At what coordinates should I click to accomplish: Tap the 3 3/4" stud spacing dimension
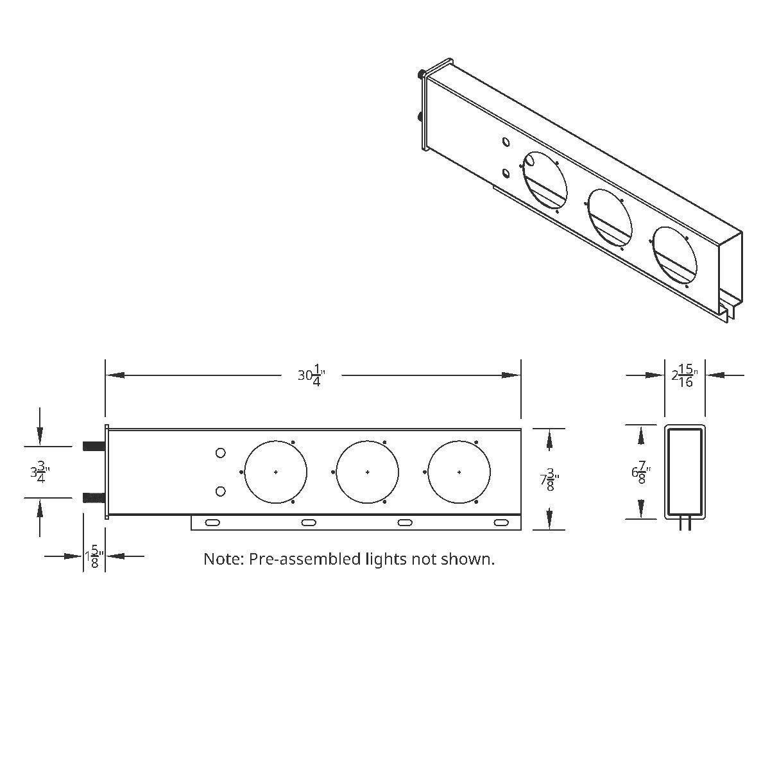click(40, 472)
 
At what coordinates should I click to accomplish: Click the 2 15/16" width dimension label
click(684, 376)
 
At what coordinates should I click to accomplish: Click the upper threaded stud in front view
click(93, 446)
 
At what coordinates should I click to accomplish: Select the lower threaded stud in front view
click(93, 497)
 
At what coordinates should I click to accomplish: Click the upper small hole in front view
click(220, 453)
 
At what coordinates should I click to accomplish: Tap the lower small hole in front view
click(220, 492)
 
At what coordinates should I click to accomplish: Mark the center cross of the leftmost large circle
click(276, 472)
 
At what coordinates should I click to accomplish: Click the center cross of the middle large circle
click(368, 472)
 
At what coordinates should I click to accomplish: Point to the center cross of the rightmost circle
click(459, 472)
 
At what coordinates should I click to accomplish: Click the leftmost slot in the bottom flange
click(212, 523)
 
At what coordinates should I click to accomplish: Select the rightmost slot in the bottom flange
click(501, 523)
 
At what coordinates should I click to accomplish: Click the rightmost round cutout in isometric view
click(674, 257)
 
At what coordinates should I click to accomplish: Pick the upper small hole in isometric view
click(506, 142)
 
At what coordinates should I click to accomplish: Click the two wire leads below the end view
click(685, 525)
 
